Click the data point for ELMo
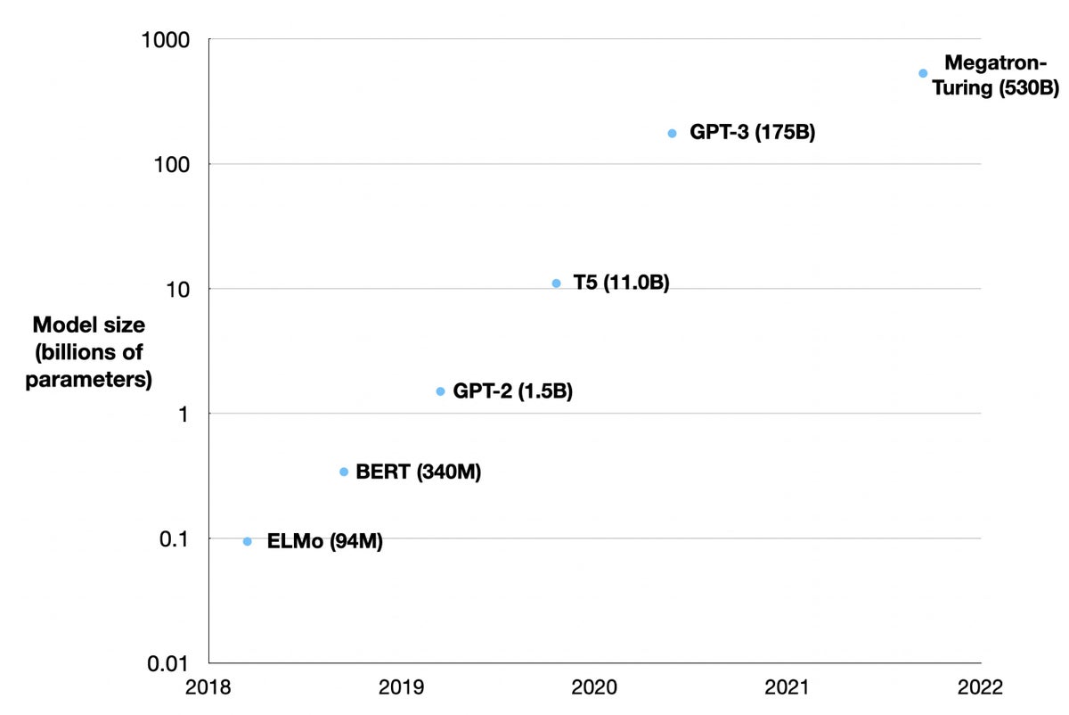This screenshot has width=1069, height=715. click(x=248, y=541)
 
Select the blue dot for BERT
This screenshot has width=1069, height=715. click(x=344, y=472)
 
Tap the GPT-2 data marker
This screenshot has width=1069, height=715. click(x=440, y=391)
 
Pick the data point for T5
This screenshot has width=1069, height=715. click(x=557, y=284)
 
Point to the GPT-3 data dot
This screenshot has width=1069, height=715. click(x=672, y=134)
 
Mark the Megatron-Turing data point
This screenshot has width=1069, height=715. click(x=923, y=73)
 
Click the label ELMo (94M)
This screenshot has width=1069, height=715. click(x=324, y=541)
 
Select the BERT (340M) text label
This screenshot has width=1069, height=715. click(x=418, y=473)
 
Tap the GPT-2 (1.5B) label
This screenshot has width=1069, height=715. click(x=512, y=391)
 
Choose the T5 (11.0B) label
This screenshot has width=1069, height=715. click(x=621, y=284)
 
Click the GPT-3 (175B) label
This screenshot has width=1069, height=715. click(x=752, y=134)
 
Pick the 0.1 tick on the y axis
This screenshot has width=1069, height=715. click(x=179, y=538)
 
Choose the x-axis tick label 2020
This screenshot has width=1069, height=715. click(x=594, y=687)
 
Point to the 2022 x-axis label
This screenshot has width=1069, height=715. click(x=981, y=687)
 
